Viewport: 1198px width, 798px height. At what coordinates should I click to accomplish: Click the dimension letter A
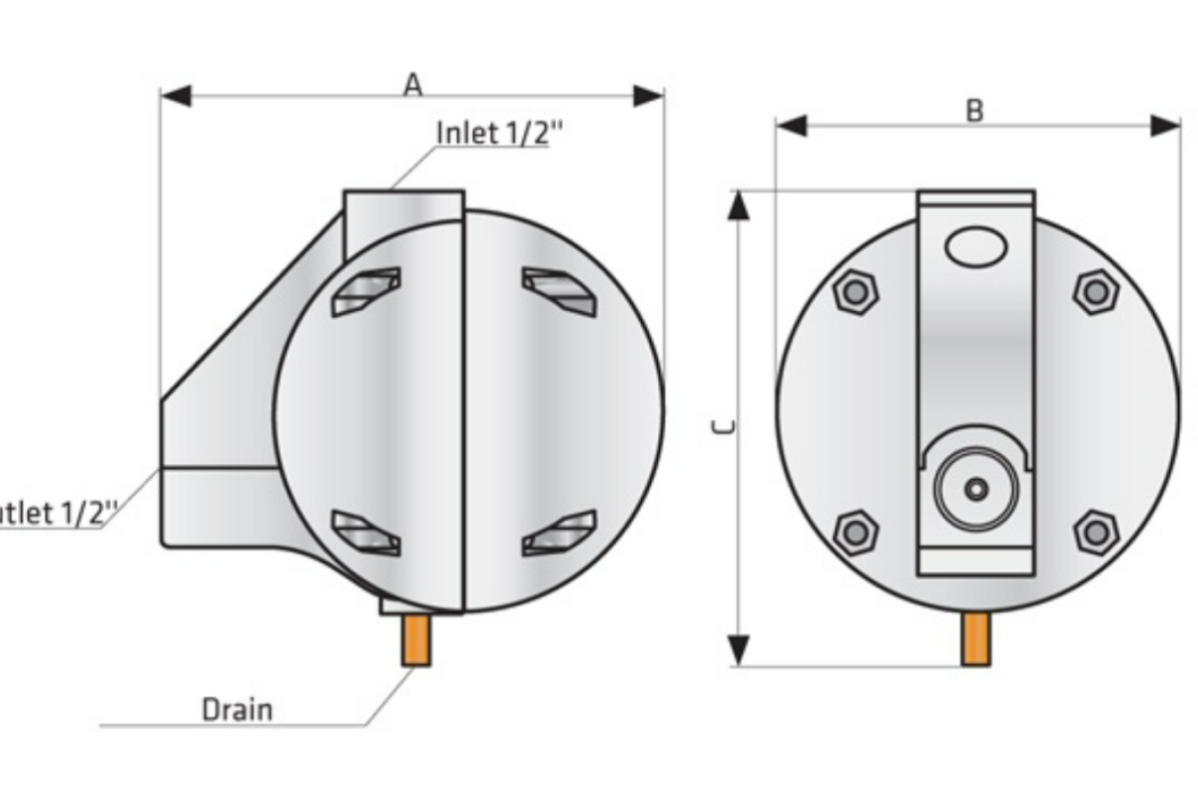412,86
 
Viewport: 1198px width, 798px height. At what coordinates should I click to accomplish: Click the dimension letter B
974,111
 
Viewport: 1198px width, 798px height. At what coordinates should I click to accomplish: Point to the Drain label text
237,709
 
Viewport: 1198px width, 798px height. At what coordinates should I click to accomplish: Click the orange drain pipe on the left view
417,641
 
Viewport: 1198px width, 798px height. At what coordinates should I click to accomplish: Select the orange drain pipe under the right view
976,639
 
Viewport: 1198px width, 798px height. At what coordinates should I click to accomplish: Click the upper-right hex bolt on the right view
1096,291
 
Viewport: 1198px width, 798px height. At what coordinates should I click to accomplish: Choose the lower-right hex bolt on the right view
1096,532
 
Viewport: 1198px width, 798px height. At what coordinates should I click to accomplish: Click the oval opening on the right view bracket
976,246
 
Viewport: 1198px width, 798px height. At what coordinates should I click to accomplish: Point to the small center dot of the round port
976,488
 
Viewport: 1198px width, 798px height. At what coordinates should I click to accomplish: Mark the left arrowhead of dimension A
175,97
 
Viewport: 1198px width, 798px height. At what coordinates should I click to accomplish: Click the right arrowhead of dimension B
1166,126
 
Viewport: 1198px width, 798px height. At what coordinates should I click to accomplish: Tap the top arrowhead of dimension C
738,204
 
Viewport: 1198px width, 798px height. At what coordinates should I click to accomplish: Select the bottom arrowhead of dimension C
738,650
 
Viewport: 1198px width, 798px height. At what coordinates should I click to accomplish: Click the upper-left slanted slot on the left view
366,291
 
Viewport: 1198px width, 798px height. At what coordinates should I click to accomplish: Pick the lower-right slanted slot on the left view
560,533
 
